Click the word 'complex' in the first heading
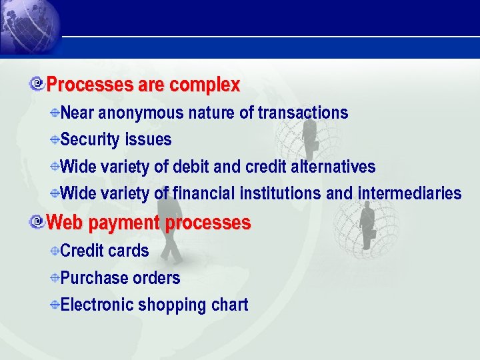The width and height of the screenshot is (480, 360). (x=205, y=85)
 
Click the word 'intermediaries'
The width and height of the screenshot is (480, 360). (x=409, y=193)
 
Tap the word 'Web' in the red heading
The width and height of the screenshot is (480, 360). (x=65, y=222)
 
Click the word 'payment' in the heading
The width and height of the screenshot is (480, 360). (x=124, y=223)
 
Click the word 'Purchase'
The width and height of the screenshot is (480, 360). (x=93, y=278)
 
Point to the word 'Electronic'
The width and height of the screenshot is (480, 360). (x=97, y=305)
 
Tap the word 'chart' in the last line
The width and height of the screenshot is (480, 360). (x=229, y=305)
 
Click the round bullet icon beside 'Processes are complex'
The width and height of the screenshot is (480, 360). (x=38, y=84)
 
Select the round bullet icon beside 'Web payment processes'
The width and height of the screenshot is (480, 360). (x=38, y=221)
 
